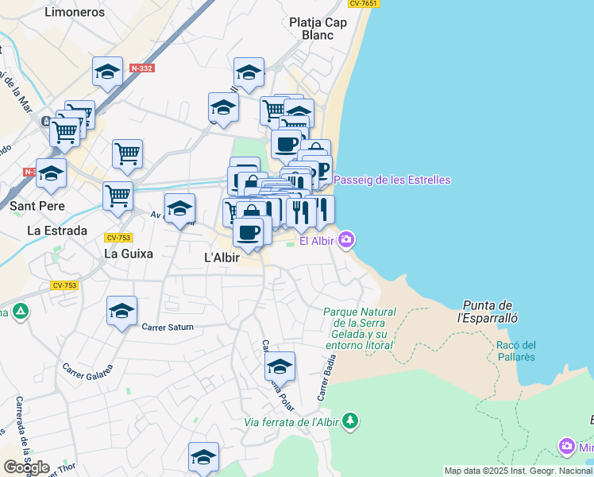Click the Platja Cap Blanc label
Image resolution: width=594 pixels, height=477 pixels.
(x=318, y=29)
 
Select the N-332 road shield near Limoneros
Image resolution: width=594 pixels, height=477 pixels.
(x=143, y=68)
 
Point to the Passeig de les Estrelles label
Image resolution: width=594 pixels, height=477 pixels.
(x=391, y=180)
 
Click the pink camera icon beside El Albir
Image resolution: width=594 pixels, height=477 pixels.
(x=347, y=239)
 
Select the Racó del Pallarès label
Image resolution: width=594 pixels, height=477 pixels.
(x=515, y=351)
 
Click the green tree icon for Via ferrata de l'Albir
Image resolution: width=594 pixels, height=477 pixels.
(x=350, y=421)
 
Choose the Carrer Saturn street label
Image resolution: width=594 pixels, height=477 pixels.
(x=168, y=327)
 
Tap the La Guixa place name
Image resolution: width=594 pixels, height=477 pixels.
(x=129, y=254)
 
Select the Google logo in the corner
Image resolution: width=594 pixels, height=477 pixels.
(x=26, y=467)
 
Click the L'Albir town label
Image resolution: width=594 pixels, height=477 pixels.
(x=222, y=258)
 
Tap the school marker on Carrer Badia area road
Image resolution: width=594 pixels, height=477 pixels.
(x=280, y=366)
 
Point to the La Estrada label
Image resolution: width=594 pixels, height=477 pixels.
(x=57, y=231)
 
